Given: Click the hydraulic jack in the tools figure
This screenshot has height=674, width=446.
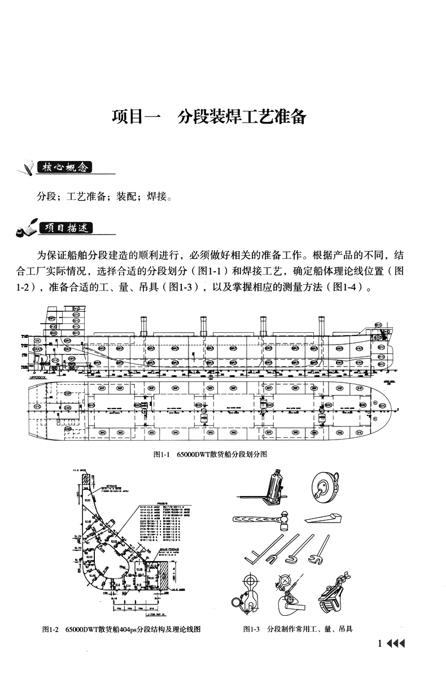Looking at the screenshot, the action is coord(277,487).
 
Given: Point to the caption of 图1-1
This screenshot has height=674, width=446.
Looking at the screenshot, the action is coord(209,454).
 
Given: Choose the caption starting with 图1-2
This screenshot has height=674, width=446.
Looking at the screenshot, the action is coord(121,629).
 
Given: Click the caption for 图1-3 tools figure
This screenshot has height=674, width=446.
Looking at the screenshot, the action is coord(298,629).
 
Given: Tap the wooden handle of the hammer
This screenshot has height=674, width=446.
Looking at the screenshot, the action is coord(254,518).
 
